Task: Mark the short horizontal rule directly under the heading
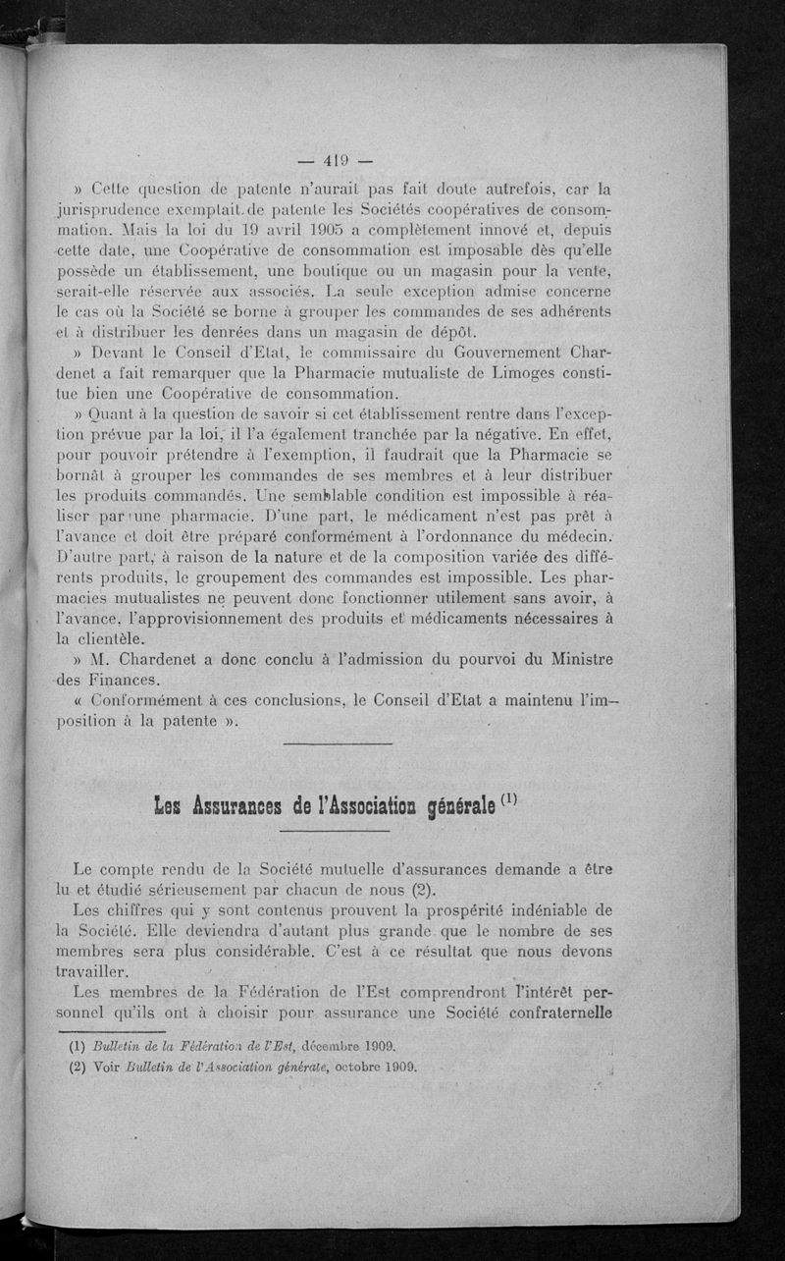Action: [x=336, y=833]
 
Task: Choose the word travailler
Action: [x=102, y=974]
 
